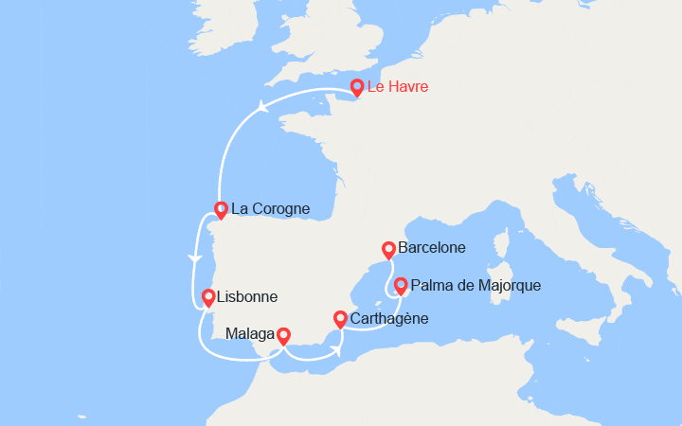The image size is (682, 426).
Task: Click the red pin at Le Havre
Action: click(356, 87)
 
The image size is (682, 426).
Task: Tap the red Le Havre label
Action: click(398, 88)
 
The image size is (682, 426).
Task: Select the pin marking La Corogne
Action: click(221, 209)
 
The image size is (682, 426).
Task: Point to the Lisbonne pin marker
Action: click(207, 296)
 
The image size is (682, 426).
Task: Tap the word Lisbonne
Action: click(247, 297)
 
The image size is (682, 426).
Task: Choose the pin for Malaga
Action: click(282, 335)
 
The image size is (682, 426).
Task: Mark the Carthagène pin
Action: click(340, 319)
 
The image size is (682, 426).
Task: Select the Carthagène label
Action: click(389, 319)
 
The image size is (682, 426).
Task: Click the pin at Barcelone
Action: click(388, 250)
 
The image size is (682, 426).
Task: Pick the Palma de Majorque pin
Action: click(401, 284)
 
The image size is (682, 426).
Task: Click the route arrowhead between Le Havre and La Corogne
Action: click(260, 109)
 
